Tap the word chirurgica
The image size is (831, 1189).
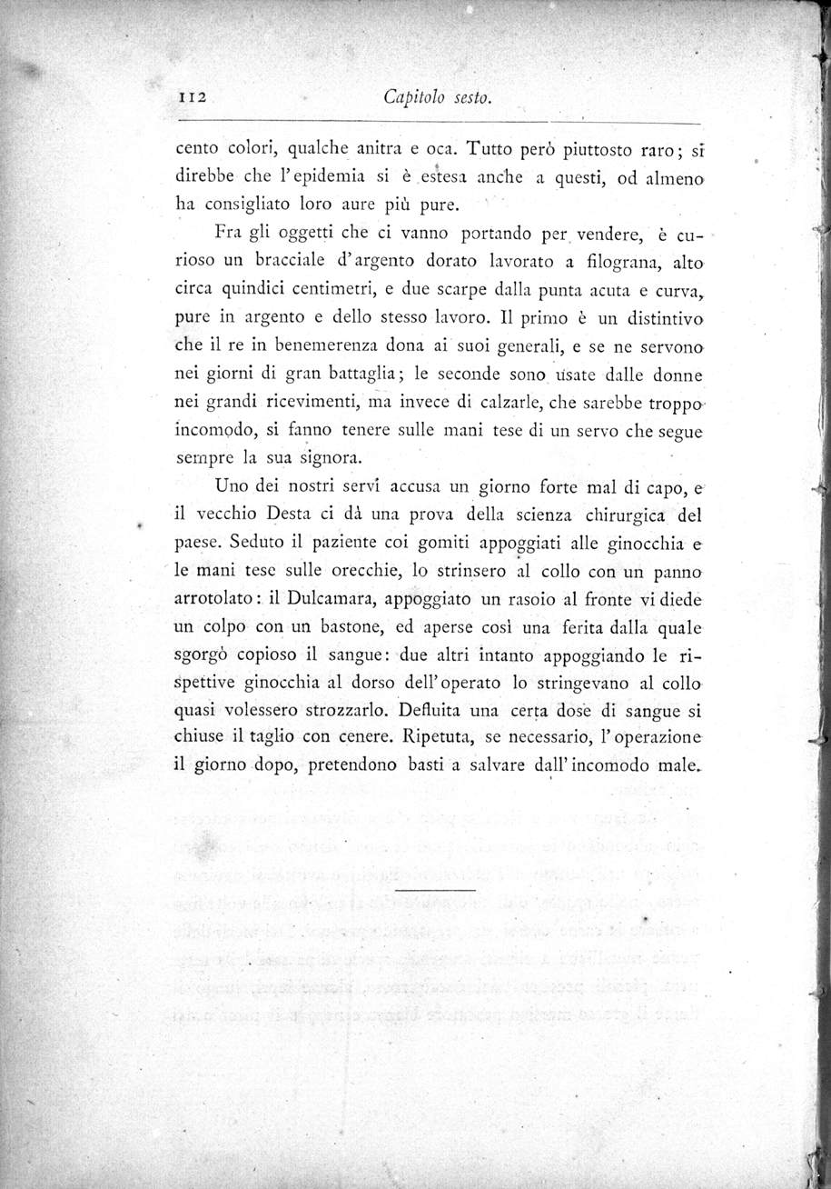tap(618, 515)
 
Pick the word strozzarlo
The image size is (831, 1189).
tap(337, 713)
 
